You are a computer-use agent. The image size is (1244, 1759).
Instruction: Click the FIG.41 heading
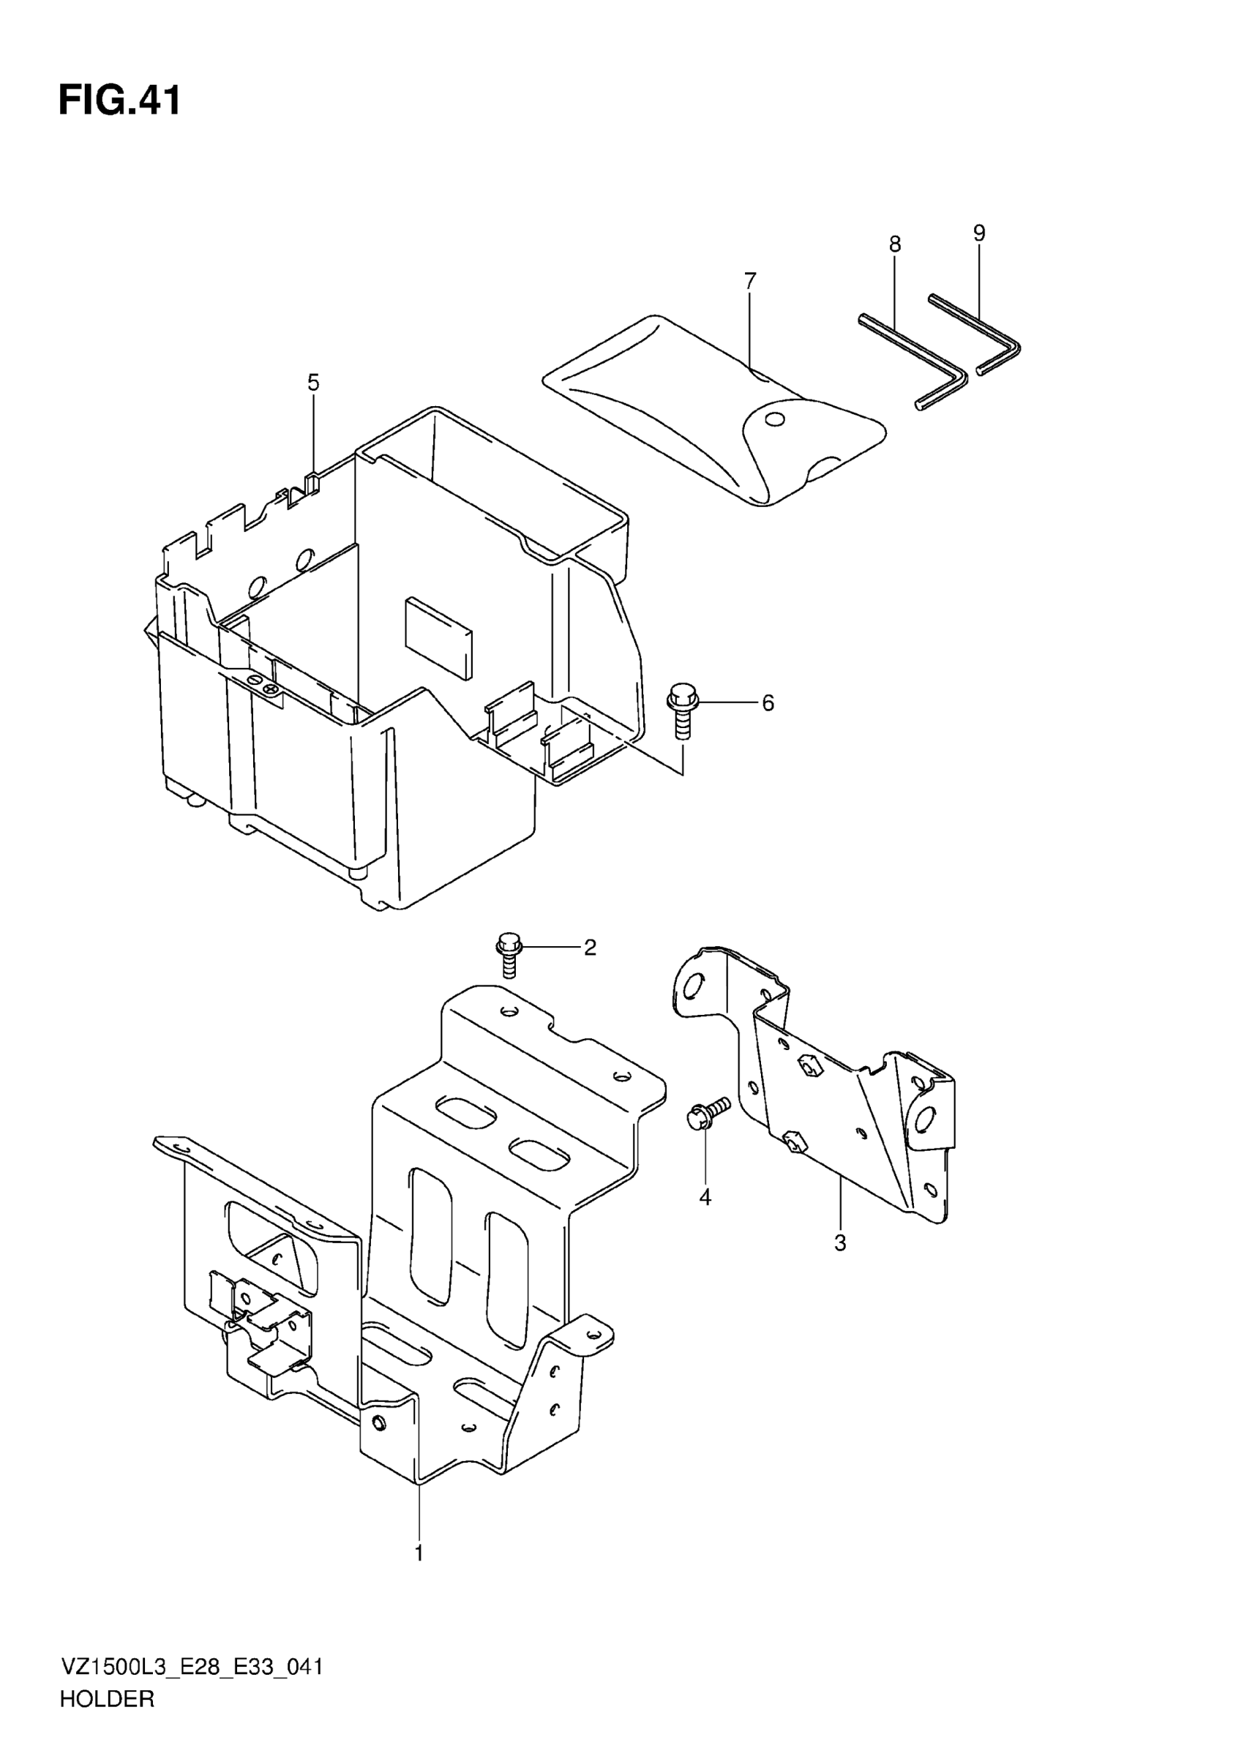click(x=120, y=101)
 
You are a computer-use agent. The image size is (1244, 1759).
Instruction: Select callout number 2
click(x=590, y=948)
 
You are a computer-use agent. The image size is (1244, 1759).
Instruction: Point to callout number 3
click(x=840, y=1242)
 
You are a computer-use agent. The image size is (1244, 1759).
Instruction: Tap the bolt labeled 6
click(x=682, y=709)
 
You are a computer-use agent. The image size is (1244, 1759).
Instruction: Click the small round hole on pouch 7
click(x=775, y=419)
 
